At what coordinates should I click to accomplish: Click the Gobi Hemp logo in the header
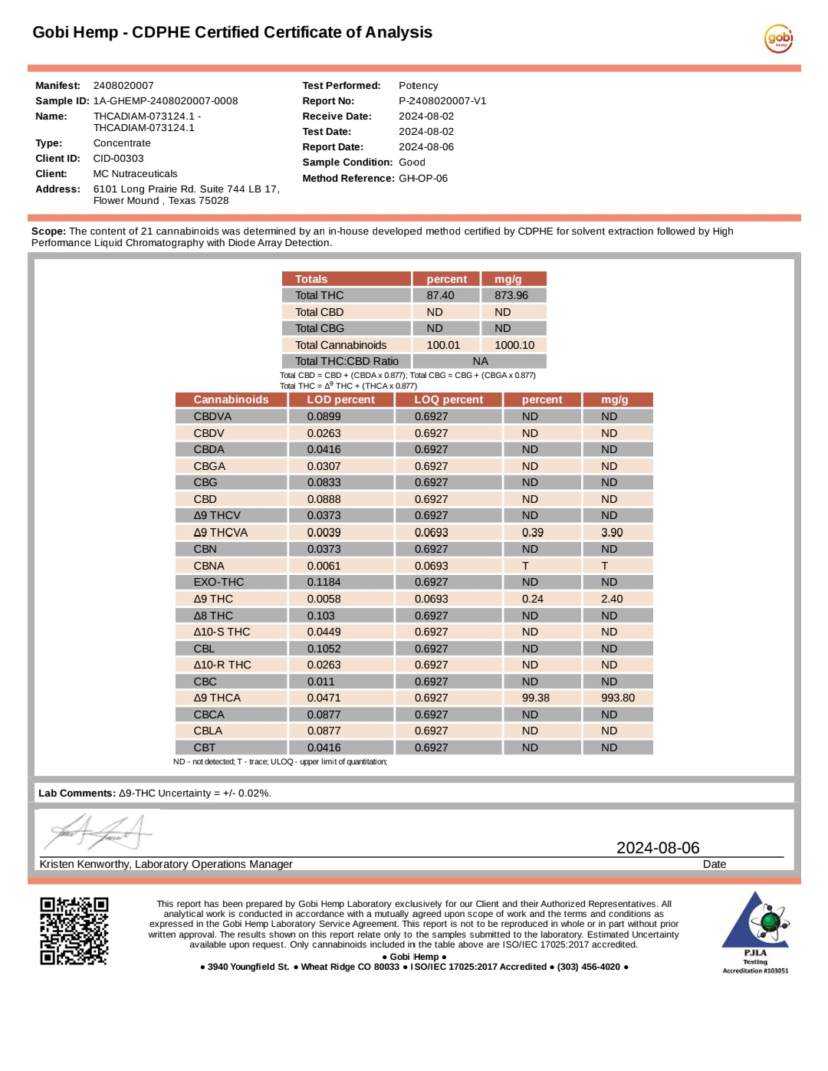778,38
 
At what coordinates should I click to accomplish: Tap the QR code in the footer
74,931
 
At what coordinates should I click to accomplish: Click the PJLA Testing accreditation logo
755,931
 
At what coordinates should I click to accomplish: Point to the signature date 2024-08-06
658,848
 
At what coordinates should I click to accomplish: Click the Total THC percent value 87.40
440,295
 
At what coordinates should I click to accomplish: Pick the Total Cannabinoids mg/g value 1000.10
514,345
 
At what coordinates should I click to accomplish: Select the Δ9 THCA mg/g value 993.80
617,698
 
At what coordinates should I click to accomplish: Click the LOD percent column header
340,399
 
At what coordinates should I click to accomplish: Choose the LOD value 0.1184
324,582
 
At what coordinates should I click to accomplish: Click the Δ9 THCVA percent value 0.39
532,532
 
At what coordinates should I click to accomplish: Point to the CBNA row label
209,566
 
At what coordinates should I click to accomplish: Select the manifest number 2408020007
123,86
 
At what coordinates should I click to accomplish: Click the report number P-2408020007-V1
442,101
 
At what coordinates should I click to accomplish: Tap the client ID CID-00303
118,159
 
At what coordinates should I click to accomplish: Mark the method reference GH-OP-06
422,179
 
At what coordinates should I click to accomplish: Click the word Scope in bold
48,232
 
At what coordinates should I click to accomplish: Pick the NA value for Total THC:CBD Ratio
480,361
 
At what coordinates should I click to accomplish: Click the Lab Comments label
77,793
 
